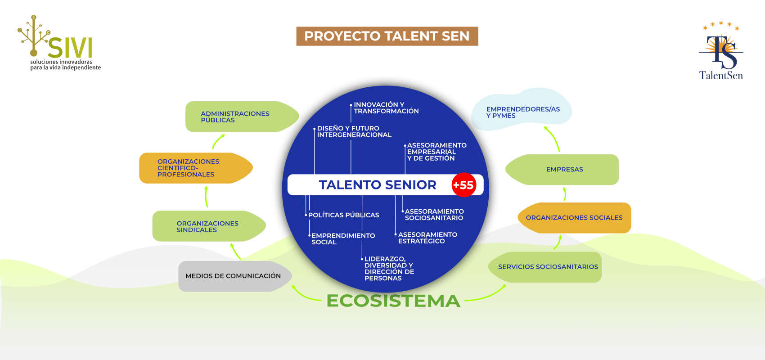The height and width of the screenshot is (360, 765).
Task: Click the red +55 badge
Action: coord(463,185)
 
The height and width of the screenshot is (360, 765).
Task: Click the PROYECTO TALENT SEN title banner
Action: coord(387,36)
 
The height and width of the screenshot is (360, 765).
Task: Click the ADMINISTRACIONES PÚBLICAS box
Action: coord(238,117)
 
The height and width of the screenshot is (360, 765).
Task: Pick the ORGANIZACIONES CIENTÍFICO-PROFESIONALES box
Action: coord(193,168)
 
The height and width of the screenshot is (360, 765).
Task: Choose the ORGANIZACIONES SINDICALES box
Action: coord(207,226)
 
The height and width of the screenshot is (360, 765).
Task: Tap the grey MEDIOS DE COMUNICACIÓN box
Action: coord(233,276)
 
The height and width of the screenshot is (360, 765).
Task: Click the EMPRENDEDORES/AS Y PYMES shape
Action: coord(522,112)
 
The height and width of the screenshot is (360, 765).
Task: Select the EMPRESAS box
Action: coord(564,170)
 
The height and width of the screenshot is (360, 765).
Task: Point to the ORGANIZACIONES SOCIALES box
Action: coord(574,218)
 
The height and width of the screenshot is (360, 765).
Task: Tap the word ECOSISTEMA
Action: coord(393,301)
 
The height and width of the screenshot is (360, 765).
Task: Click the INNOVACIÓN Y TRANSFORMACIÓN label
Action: coord(386,108)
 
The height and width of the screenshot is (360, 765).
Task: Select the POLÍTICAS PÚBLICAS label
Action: coord(344,215)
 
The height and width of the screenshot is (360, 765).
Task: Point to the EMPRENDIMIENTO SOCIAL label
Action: coord(343,239)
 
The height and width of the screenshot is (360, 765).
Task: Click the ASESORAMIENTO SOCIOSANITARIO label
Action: coord(434,215)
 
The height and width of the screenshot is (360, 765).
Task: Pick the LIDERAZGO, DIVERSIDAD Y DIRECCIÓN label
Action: coord(389,269)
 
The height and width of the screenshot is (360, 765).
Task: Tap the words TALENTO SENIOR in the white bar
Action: coord(378,185)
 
